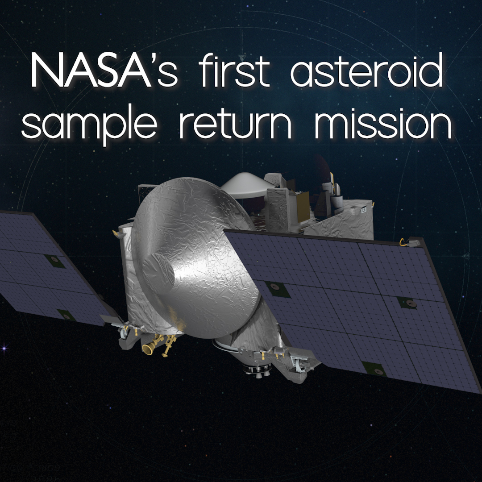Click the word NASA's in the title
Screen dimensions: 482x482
(104, 70)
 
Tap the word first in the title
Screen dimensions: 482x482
(234, 70)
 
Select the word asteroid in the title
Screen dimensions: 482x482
(366, 70)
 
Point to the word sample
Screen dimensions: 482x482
(89, 124)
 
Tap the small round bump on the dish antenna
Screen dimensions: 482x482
(158, 272)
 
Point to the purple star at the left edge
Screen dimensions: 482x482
(4, 348)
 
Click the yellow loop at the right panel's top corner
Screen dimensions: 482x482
(403, 242)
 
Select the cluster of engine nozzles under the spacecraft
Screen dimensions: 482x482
(256, 370)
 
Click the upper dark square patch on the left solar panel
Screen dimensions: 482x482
(54, 261)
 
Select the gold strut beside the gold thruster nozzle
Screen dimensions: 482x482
(168, 345)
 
